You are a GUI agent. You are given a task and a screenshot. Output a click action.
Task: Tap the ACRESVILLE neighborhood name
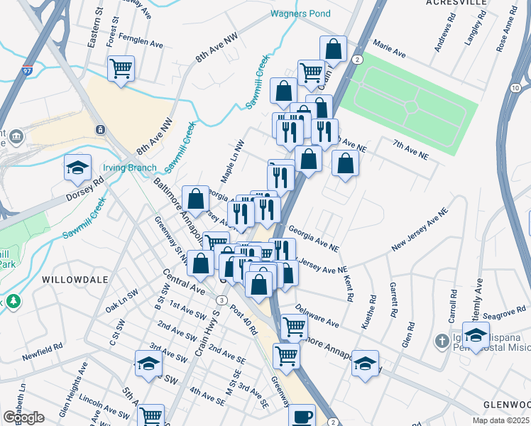456,3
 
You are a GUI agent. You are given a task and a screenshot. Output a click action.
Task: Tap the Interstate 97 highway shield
27,71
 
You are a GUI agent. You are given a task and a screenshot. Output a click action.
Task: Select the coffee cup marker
303,415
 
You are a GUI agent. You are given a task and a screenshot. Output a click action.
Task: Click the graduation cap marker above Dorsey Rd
78,168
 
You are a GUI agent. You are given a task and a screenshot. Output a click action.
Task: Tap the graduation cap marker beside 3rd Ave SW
148,364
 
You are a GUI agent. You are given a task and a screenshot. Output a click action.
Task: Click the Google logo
24,417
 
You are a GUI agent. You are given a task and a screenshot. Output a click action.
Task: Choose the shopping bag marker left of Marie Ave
333,49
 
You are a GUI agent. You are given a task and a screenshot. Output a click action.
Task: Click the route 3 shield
223,301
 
